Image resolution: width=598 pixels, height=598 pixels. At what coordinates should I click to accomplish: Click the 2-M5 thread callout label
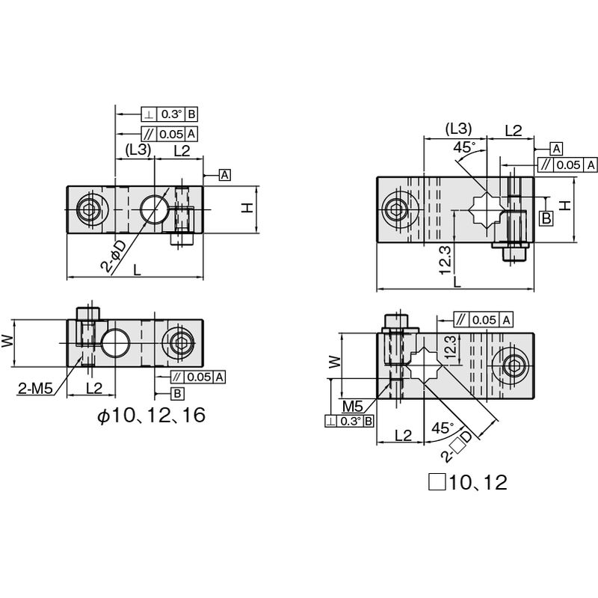[35, 388]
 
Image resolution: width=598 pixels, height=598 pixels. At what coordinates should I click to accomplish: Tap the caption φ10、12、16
[152, 416]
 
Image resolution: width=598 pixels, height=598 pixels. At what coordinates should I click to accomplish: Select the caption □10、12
[468, 482]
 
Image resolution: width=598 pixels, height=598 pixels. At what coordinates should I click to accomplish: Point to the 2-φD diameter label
[114, 255]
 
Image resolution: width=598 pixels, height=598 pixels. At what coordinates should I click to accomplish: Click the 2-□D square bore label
[457, 446]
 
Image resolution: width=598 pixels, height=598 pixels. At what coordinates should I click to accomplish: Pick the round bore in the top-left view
[154, 209]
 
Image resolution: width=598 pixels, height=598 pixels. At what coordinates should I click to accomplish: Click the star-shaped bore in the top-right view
[487, 209]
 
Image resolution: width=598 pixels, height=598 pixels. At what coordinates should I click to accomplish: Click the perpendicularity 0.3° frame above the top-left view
[170, 114]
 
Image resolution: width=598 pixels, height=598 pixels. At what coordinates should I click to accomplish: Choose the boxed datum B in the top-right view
[546, 218]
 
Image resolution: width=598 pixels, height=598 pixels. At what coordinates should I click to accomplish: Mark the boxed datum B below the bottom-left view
[177, 393]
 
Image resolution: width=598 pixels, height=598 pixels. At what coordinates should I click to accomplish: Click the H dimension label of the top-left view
[248, 208]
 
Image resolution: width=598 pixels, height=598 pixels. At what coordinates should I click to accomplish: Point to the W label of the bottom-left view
[7, 341]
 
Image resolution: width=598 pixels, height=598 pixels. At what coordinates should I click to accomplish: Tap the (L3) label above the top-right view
[459, 129]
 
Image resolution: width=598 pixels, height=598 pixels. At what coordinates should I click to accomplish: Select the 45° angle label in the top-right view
[465, 147]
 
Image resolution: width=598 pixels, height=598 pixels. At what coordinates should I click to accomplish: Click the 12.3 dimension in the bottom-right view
[451, 346]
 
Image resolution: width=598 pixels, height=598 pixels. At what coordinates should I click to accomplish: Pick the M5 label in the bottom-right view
[352, 406]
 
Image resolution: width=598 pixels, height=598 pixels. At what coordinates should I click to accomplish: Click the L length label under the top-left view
[137, 270]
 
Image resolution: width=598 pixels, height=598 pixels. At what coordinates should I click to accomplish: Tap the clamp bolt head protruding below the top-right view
[514, 253]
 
